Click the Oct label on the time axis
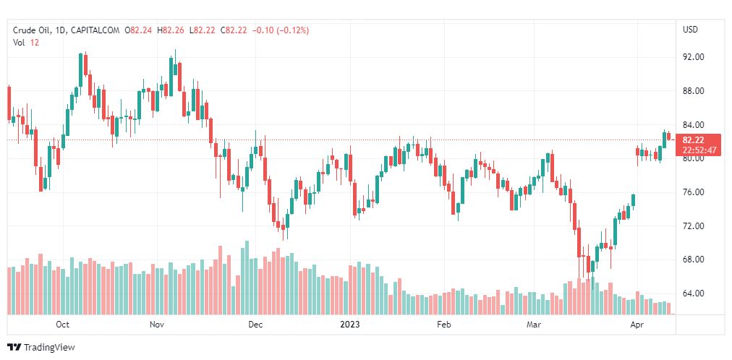(63, 325)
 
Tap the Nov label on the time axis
(157, 325)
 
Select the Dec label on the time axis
(255, 325)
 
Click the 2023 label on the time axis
(350, 325)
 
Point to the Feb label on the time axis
(444, 325)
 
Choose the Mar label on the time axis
(535, 325)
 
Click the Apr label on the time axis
(637, 325)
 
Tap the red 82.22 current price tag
(694, 140)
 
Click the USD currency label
(690, 30)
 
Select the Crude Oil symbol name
(32, 30)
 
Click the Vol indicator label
(19, 43)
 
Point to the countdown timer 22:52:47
(699, 150)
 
